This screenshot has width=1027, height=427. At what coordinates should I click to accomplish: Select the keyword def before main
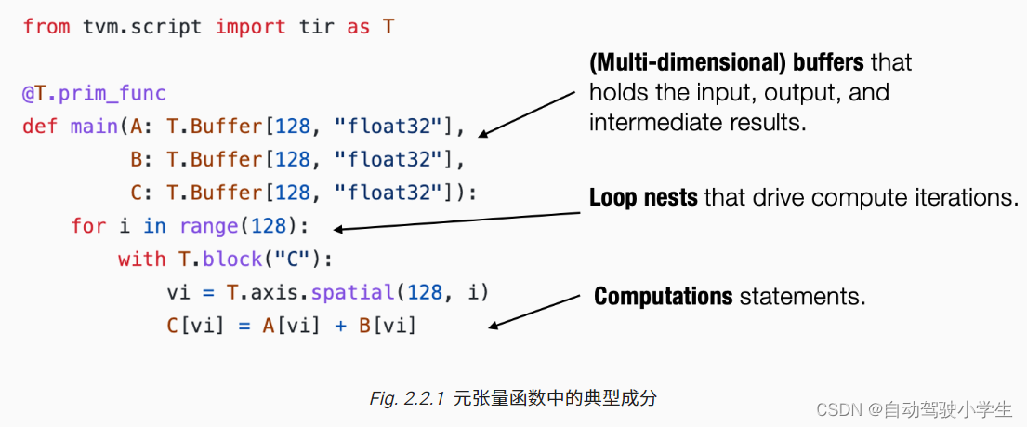[41, 127]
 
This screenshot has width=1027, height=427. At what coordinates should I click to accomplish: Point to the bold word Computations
[664, 297]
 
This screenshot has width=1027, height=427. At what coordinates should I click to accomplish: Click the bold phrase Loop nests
[643, 198]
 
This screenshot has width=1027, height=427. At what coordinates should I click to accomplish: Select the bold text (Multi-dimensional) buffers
[727, 63]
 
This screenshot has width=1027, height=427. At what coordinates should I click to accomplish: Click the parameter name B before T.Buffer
[136, 160]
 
